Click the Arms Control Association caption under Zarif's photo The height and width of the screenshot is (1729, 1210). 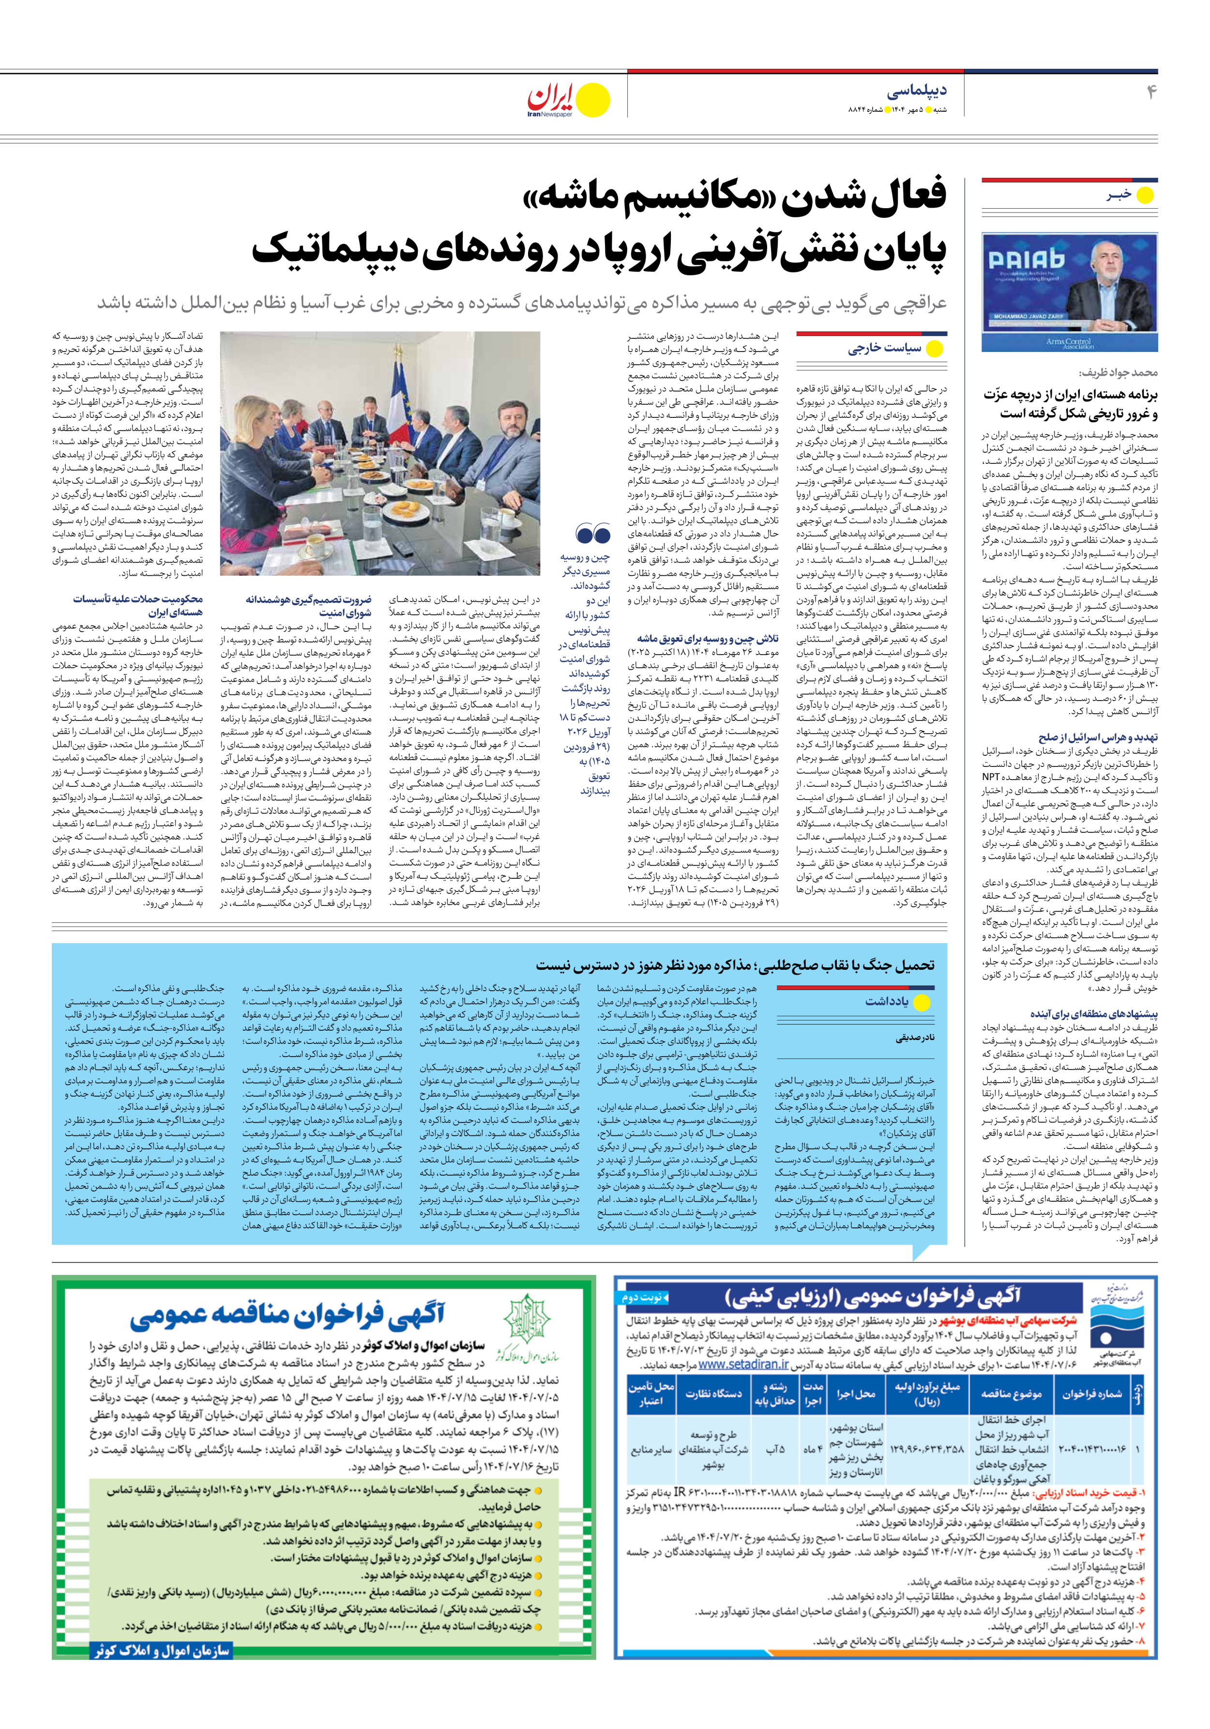coord(1069,343)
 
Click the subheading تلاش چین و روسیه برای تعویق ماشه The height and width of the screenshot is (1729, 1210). coord(707,639)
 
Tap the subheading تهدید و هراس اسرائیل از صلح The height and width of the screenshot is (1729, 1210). coord(1097,737)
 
